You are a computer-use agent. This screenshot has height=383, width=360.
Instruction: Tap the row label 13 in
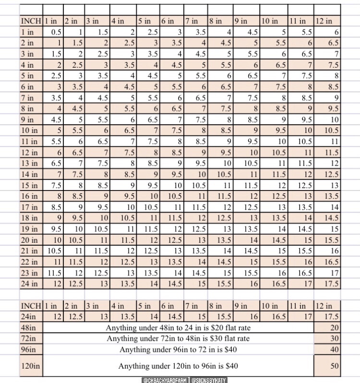30,163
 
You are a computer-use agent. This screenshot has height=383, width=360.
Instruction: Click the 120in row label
30,366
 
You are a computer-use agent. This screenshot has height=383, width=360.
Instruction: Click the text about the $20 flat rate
178,328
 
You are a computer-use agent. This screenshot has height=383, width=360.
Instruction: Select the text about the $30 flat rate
178,338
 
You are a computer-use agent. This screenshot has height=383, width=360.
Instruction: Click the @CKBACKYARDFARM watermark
165,380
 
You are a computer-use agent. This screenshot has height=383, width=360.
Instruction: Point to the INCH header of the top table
31,21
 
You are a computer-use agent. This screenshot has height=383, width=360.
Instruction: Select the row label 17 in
30,207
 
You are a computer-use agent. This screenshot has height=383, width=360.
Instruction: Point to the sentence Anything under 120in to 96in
178,366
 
